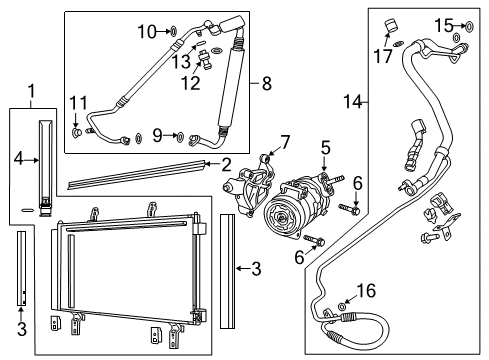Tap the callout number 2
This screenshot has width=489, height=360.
(x=226, y=163)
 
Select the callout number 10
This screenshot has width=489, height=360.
(x=147, y=31)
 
